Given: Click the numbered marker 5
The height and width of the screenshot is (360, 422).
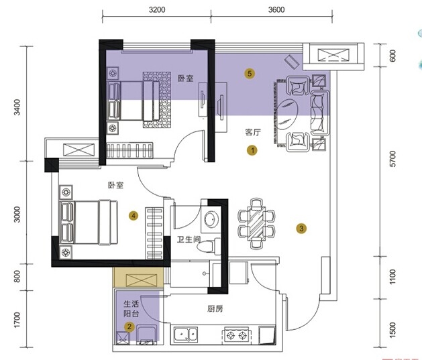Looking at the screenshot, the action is pyautogui.click(x=250, y=73).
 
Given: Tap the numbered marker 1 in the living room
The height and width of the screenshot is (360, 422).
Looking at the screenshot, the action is pyautogui.click(x=252, y=150).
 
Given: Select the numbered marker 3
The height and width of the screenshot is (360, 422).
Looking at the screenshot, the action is pyautogui.click(x=301, y=229).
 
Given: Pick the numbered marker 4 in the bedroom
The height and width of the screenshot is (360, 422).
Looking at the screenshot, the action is pyautogui.click(x=134, y=215).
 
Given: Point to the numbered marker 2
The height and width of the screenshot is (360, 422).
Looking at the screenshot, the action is pyautogui.click(x=129, y=326).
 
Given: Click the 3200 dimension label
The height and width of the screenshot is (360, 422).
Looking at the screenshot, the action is pyautogui.click(x=157, y=10).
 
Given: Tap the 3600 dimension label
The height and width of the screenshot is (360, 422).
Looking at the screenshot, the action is pyautogui.click(x=276, y=10).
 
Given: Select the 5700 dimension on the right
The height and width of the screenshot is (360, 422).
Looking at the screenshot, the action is pyautogui.click(x=392, y=159).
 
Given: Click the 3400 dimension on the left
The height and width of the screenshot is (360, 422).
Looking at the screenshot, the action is pyautogui.click(x=17, y=107).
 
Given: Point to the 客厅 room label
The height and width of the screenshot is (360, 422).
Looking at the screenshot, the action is pyautogui.click(x=253, y=132).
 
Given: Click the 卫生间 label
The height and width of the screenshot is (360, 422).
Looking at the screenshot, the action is pyautogui.click(x=189, y=239).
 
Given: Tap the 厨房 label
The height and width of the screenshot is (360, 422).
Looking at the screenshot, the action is pyautogui.click(x=215, y=308).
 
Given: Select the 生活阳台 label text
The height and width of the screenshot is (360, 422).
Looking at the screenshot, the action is pyautogui.click(x=131, y=308).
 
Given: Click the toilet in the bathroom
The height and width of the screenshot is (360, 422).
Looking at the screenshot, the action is pyautogui.click(x=209, y=245).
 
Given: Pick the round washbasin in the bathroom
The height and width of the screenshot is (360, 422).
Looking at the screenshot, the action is pyautogui.click(x=212, y=219).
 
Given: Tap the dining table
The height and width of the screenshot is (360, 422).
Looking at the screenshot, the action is pyautogui.click(x=256, y=223).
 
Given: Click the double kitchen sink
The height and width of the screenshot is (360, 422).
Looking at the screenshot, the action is pyautogui.click(x=186, y=335).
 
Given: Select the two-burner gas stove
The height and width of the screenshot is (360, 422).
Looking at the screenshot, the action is pyautogui.click(x=237, y=335).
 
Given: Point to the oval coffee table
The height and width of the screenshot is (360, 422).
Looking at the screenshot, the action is pyautogui.click(x=287, y=113).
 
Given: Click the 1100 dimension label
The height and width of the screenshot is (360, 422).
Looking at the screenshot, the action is pyautogui.click(x=392, y=277).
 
